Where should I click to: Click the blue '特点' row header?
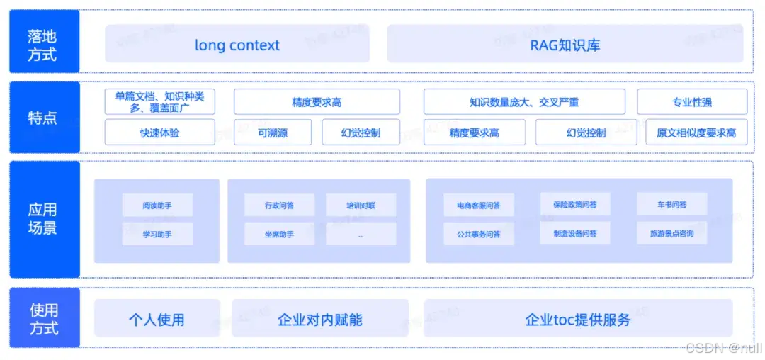pos(44,118)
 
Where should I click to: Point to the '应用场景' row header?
pos(44,219)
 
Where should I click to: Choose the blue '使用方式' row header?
pos(44,319)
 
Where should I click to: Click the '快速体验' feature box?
pos(159,133)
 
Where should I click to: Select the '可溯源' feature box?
pos(273,133)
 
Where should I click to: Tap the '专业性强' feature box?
pos(692,102)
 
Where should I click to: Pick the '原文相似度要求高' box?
pos(696,133)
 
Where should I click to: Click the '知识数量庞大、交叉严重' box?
pos(524,102)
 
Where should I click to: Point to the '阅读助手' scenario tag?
pos(157,206)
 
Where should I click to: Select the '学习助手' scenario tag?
pos(157,234)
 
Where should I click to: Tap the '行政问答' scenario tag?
pos(279,206)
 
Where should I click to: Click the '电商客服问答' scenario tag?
pos(478,206)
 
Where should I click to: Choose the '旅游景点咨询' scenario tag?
pos(671,233)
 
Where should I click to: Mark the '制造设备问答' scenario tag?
pos(574,233)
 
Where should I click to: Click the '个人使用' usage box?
pos(157,320)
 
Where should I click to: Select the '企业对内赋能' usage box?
pos(320,320)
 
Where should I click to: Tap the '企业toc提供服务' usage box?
pos(578,320)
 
